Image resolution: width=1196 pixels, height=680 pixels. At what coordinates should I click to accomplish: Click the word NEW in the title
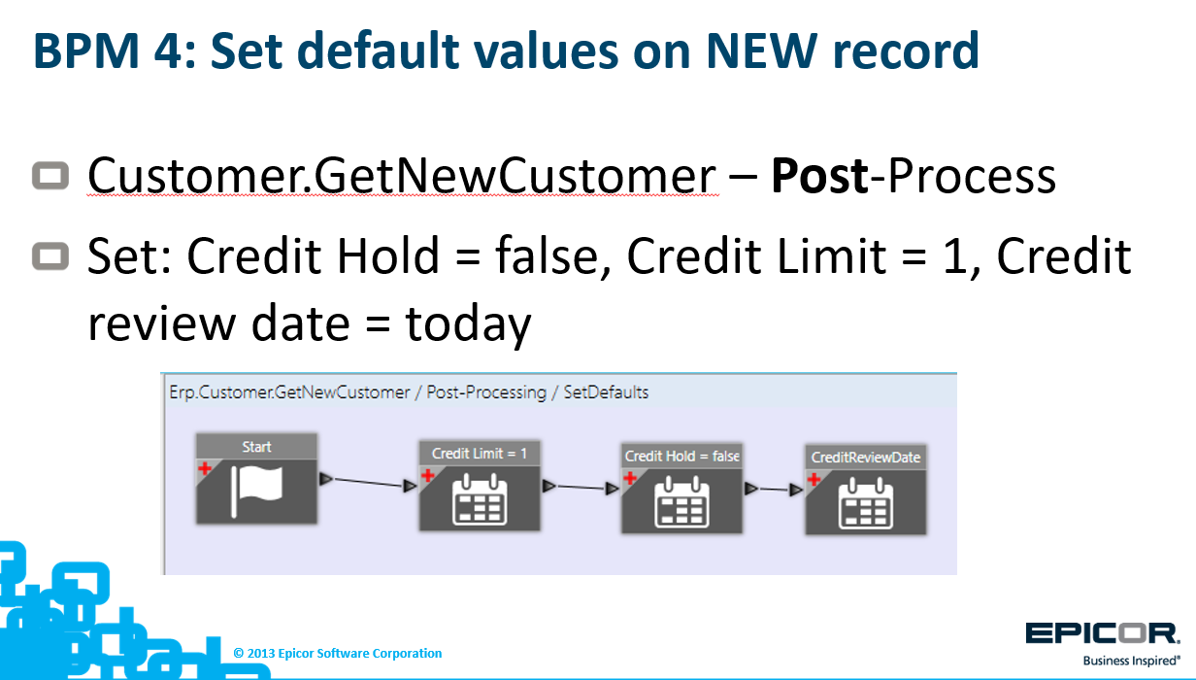pyautogui.click(x=761, y=51)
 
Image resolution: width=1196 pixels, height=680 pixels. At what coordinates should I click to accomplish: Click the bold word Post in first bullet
pyautogui.click(x=820, y=176)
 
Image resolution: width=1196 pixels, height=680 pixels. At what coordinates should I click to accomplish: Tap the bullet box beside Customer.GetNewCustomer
pyautogui.click(x=50, y=175)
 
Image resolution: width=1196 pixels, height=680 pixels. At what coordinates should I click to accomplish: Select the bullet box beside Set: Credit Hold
pyautogui.click(x=50, y=255)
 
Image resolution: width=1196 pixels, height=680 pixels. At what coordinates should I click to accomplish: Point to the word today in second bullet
pyautogui.click(x=468, y=324)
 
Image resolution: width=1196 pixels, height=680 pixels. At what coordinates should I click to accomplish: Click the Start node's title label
pyautogui.click(x=257, y=447)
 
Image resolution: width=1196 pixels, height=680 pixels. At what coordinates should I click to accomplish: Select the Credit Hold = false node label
pyautogui.click(x=681, y=457)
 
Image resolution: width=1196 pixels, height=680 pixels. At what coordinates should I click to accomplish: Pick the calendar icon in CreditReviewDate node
pyautogui.click(x=866, y=503)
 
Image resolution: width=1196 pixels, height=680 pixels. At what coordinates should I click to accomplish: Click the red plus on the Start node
pyautogui.click(x=205, y=469)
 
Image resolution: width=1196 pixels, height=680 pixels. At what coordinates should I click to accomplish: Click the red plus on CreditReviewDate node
pyautogui.click(x=814, y=479)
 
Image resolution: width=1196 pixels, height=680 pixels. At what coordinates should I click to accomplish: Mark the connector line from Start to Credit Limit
pyautogui.click(x=368, y=483)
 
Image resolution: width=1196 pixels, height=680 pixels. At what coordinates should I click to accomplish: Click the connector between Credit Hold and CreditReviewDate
pyautogui.click(x=774, y=489)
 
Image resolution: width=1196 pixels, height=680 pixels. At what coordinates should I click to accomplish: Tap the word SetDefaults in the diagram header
pyautogui.click(x=606, y=392)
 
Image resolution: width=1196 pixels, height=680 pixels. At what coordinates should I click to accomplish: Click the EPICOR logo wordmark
pyautogui.click(x=1102, y=634)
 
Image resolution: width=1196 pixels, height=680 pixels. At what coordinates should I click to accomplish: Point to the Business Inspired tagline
pyautogui.click(x=1131, y=661)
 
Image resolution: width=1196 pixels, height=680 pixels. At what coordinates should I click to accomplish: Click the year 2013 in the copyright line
pyautogui.click(x=261, y=654)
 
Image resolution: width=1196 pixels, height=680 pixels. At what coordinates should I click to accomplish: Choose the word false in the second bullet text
pyautogui.click(x=553, y=255)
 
